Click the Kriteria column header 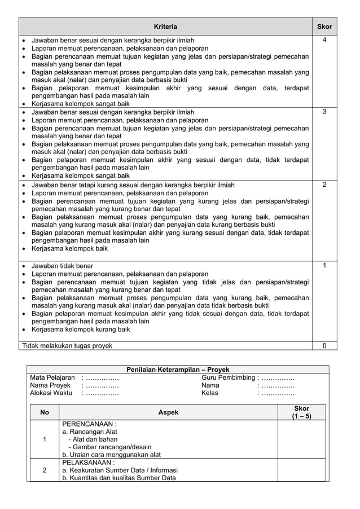pos(165,27)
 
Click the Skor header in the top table pos(324,27)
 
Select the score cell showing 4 pos(324,40)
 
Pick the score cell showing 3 pos(324,112)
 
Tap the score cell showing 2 pos(324,185)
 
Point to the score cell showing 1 pos(324,265)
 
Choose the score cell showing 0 pos(324,345)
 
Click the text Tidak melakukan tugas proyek pos(67,345)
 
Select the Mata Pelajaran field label pos(52,378)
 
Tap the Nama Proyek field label pos(50,385)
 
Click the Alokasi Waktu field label pos(51,393)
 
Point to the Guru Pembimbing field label pos(227,378)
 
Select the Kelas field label pos(209,393)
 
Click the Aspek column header pos(168,413)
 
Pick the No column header pos(45,413)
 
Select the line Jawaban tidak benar pos(63,265)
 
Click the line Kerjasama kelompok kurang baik pos(81,329)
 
